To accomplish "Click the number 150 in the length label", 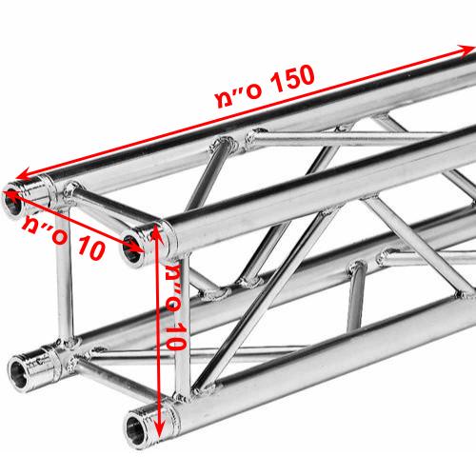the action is coord(291,79).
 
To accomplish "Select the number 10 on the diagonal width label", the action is coord(90,248).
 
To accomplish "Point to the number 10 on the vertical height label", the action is coord(174,336).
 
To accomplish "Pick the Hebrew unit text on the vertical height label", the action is coord(174,286).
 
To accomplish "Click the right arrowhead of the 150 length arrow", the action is coord(467,50).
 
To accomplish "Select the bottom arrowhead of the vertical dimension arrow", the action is coord(160,430).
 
